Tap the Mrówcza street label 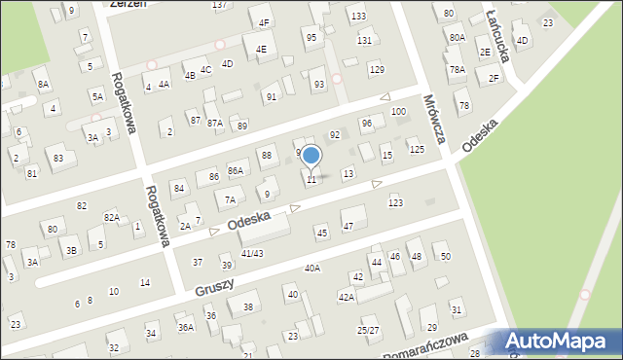(434, 119)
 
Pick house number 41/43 (252, 253)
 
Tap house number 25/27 (368, 330)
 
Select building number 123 (395, 202)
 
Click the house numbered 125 (417, 149)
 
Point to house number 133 (358, 17)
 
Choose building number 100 (398, 112)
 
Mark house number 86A (235, 170)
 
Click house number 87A (214, 123)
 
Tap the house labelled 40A (311, 268)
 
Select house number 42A (346, 296)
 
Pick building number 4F (264, 22)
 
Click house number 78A (457, 69)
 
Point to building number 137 (220, 5)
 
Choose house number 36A (185, 328)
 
